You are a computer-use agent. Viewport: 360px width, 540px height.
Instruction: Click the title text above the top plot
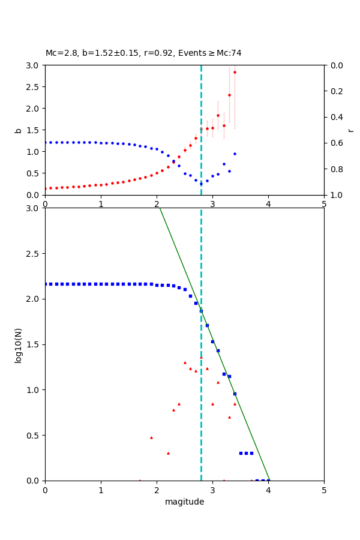pos(143,53)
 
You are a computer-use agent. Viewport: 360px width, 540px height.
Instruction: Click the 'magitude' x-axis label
pos(184,502)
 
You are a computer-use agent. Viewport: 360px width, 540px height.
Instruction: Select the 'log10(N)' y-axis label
pos(18,344)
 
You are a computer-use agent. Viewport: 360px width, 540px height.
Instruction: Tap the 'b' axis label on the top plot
pos(18,130)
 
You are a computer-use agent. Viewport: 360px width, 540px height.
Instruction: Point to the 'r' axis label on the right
pos(350,130)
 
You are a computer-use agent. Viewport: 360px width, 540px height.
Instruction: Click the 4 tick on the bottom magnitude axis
pos(268,490)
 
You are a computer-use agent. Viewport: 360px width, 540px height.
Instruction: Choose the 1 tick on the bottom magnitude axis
pos(101,490)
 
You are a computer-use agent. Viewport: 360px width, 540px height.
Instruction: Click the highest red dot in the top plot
pos(235,72)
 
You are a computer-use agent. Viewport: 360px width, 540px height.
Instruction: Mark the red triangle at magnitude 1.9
pos(151,437)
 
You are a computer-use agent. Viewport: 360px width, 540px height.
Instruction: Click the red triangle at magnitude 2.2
pos(168,453)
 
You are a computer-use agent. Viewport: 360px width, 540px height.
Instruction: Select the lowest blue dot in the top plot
pos(201,183)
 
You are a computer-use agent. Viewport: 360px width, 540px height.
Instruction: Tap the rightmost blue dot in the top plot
pos(235,154)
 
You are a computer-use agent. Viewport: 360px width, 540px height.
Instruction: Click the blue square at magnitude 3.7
pos(251,453)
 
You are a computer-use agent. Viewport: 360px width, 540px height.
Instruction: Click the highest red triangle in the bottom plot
pos(201,358)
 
